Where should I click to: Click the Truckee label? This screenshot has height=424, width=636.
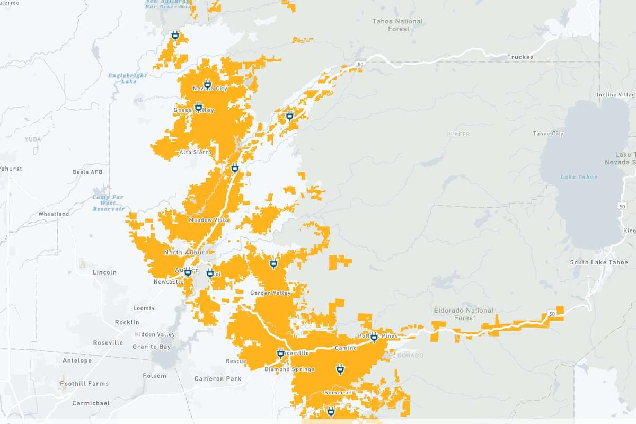[x=520, y=57]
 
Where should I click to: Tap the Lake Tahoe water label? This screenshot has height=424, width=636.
[x=579, y=176]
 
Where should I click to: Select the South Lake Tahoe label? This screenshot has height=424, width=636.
[x=591, y=262]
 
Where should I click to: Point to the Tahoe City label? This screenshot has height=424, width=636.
[x=548, y=134]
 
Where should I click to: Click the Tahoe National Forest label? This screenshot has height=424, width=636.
[x=397, y=25]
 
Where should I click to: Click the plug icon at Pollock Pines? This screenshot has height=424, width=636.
[x=374, y=337]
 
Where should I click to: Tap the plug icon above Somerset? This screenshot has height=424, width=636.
[x=340, y=368]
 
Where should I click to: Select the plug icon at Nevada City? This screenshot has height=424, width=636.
[x=208, y=84]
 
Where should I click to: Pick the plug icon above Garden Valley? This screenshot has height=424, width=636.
[x=273, y=262]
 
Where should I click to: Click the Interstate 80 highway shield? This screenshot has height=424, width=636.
[x=361, y=64]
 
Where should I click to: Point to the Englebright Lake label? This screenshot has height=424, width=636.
[x=128, y=78]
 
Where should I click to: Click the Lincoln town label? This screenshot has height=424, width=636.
[x=104, y=272]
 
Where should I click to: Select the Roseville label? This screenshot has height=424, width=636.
[x=108, y=342]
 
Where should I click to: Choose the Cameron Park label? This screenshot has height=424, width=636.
[x=218, y=378]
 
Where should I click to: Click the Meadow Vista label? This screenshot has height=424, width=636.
[x=208, y=219]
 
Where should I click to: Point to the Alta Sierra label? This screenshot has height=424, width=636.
[x=196, y=152]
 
